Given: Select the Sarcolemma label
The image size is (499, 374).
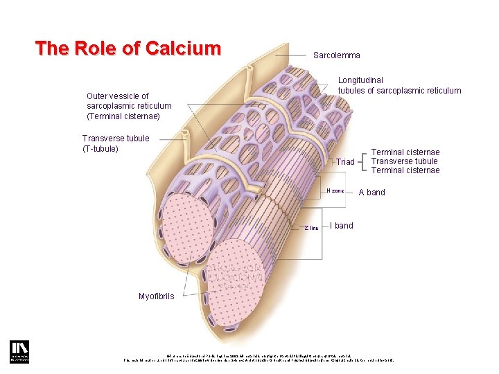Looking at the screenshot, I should [337, 55].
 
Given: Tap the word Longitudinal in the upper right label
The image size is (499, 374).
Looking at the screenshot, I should [360, 80].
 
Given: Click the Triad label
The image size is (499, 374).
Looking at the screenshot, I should [345, 162].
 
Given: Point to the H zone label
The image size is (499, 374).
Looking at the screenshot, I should [335, 191].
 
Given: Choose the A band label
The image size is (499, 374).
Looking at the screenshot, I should [371, 193].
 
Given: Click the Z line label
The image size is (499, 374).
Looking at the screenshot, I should [311, 228].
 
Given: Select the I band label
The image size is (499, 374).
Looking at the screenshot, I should [342, 226].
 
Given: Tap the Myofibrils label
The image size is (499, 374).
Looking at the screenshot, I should [156, 296].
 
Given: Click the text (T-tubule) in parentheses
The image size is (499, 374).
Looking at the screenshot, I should [100, 149].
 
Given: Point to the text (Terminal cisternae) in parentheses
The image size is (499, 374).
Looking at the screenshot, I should [123, 116].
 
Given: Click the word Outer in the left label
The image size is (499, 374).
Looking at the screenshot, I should [98, 96].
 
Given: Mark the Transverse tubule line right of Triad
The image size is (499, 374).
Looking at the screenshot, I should [405, 161].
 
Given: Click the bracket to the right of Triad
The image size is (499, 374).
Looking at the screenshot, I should [364, 161].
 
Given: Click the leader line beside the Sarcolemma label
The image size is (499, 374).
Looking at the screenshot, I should [291, 55].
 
